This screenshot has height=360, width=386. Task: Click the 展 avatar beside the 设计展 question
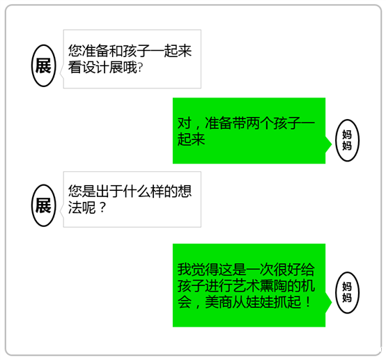pos(44,65)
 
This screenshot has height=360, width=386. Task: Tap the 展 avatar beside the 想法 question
pos(44,205)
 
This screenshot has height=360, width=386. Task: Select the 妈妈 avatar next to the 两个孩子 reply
pos(348,140)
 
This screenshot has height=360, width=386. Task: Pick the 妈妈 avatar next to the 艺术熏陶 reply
pos(348,292)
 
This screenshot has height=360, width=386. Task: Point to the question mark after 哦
pos(140,67)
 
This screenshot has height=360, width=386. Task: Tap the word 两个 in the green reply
pos(260,123)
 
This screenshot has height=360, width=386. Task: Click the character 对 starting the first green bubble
pos(185,123)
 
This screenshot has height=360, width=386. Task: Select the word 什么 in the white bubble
pos(137,191)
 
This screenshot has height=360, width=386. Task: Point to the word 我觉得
pos(198,269)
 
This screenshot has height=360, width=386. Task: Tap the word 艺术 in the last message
pos(246,286)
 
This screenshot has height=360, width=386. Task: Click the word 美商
pos(219,302)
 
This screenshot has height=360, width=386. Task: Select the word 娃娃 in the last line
pos(260,302)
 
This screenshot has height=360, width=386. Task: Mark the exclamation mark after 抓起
pos(308,302)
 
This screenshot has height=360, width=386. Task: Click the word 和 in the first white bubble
pos(116,51)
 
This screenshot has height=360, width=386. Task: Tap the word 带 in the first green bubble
pos(239,123)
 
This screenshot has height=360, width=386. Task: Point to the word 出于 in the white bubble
pos(109,191)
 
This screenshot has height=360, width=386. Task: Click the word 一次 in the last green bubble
pos(260,269)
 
